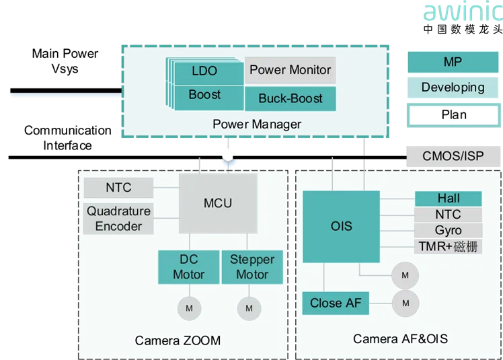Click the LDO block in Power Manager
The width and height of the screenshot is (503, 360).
(204, 71)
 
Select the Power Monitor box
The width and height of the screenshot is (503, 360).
(290, 70)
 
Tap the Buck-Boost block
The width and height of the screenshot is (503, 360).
(290, 98)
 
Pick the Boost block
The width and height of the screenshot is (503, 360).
(204, 95)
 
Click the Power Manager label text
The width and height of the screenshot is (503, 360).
(256, 124)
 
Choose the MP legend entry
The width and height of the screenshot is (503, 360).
(453, 63)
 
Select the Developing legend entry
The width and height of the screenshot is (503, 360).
(453, 87)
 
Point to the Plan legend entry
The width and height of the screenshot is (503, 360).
(453, 114)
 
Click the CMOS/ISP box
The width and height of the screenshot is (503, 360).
(453, 157)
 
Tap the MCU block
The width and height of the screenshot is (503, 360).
(217, 203)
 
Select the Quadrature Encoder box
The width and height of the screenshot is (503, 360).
(118, 219)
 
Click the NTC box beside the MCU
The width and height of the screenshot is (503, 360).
(118, 188)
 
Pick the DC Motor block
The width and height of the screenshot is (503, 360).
(188, 267)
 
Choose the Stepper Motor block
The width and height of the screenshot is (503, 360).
(252, 267)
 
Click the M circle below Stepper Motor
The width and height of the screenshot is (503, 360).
(249, 308)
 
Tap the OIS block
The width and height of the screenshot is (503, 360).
(341, 227)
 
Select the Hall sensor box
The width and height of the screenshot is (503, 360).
(448, 199)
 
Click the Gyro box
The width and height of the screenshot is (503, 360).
(448, 231)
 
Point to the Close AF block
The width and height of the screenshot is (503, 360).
(335, 303)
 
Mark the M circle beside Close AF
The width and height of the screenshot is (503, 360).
(405, 303)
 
